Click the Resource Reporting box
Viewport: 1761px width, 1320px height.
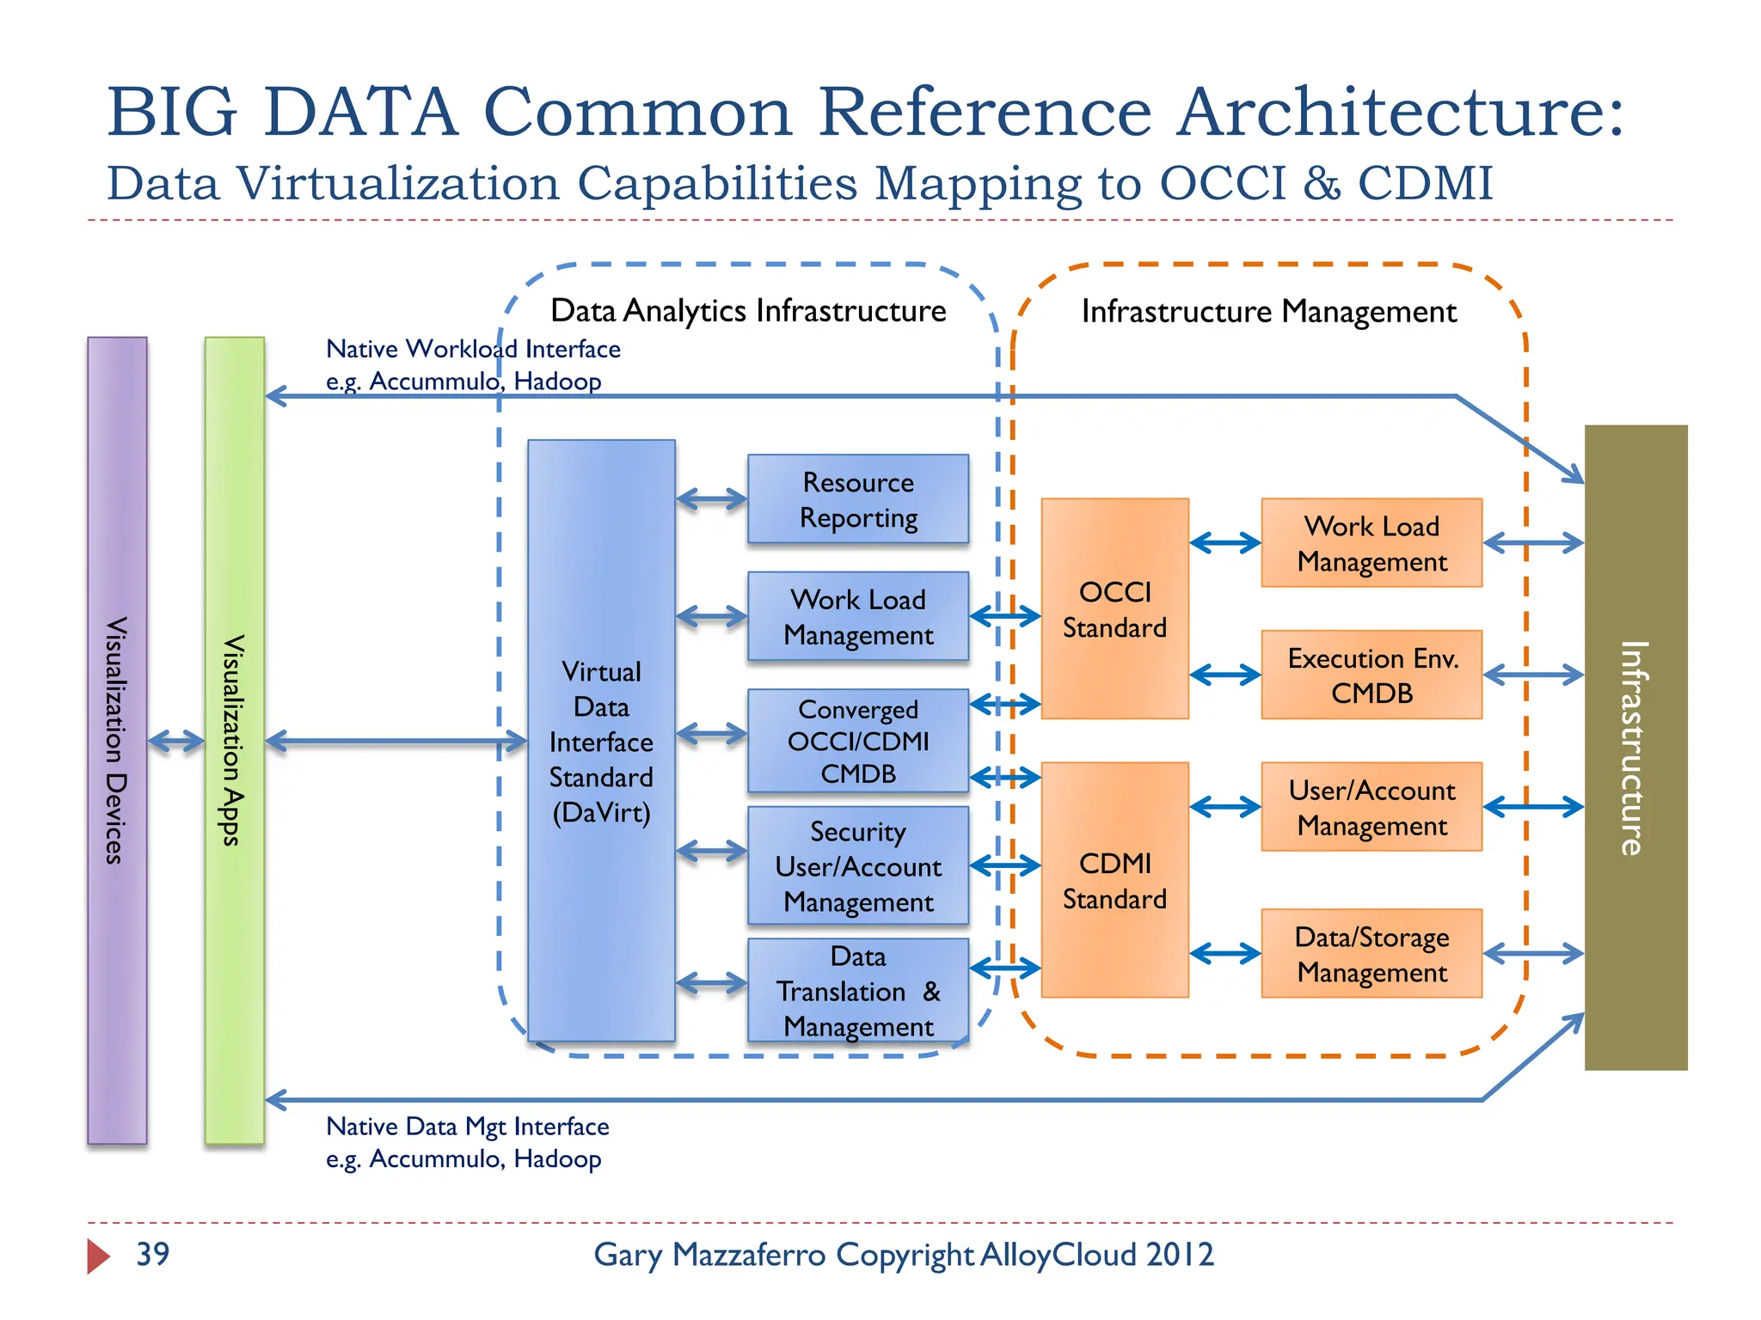[857, 499]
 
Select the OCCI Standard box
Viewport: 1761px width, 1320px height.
[1114, 608]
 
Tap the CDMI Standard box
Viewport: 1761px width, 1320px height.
[1114, 880]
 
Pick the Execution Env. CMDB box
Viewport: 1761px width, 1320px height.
[1371, 675]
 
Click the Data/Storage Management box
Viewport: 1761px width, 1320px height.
[1371, 953]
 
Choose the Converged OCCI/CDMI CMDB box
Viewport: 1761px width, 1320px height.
[857, 740]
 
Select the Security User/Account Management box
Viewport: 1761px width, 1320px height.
[857, 865]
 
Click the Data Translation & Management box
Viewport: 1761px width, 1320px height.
[857, 990]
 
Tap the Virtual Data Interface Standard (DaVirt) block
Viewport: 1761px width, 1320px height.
[601, 740]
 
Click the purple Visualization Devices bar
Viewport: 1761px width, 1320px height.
[117, 740]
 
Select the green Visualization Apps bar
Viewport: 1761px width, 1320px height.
[234, 740]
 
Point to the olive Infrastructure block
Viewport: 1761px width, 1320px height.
[1635, 747]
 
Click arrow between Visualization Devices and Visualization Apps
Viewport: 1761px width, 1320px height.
[176, 741]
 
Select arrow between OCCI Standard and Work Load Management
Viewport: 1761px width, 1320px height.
[1225, 543]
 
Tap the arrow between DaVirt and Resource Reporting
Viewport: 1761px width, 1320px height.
[711, 499]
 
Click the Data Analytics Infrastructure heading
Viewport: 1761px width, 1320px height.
[747, 310]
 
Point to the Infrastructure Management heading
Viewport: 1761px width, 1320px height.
[1268, 311]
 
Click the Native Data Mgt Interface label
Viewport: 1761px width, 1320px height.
[467, 1127]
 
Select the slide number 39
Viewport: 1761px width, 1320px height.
[153, 1255]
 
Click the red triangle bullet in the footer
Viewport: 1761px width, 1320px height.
[98, 1256]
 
